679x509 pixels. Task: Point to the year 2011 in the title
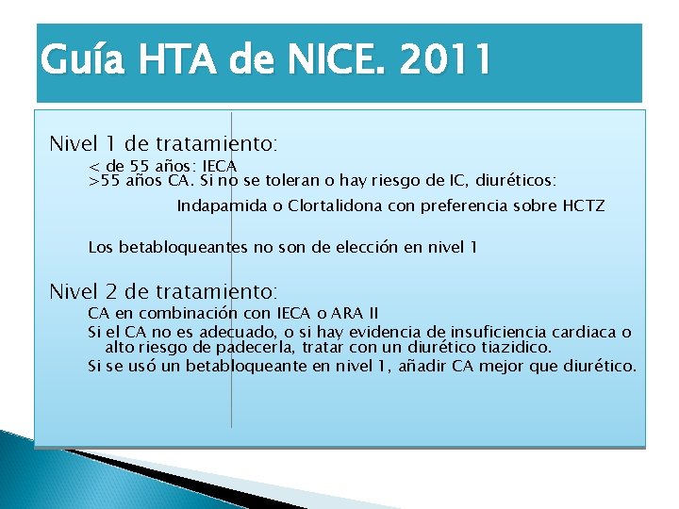point(444,60)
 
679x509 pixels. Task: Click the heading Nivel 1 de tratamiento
point(163,145)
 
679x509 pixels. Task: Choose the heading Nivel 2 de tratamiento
point(163,291)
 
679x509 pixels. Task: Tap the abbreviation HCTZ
point(584,205)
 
